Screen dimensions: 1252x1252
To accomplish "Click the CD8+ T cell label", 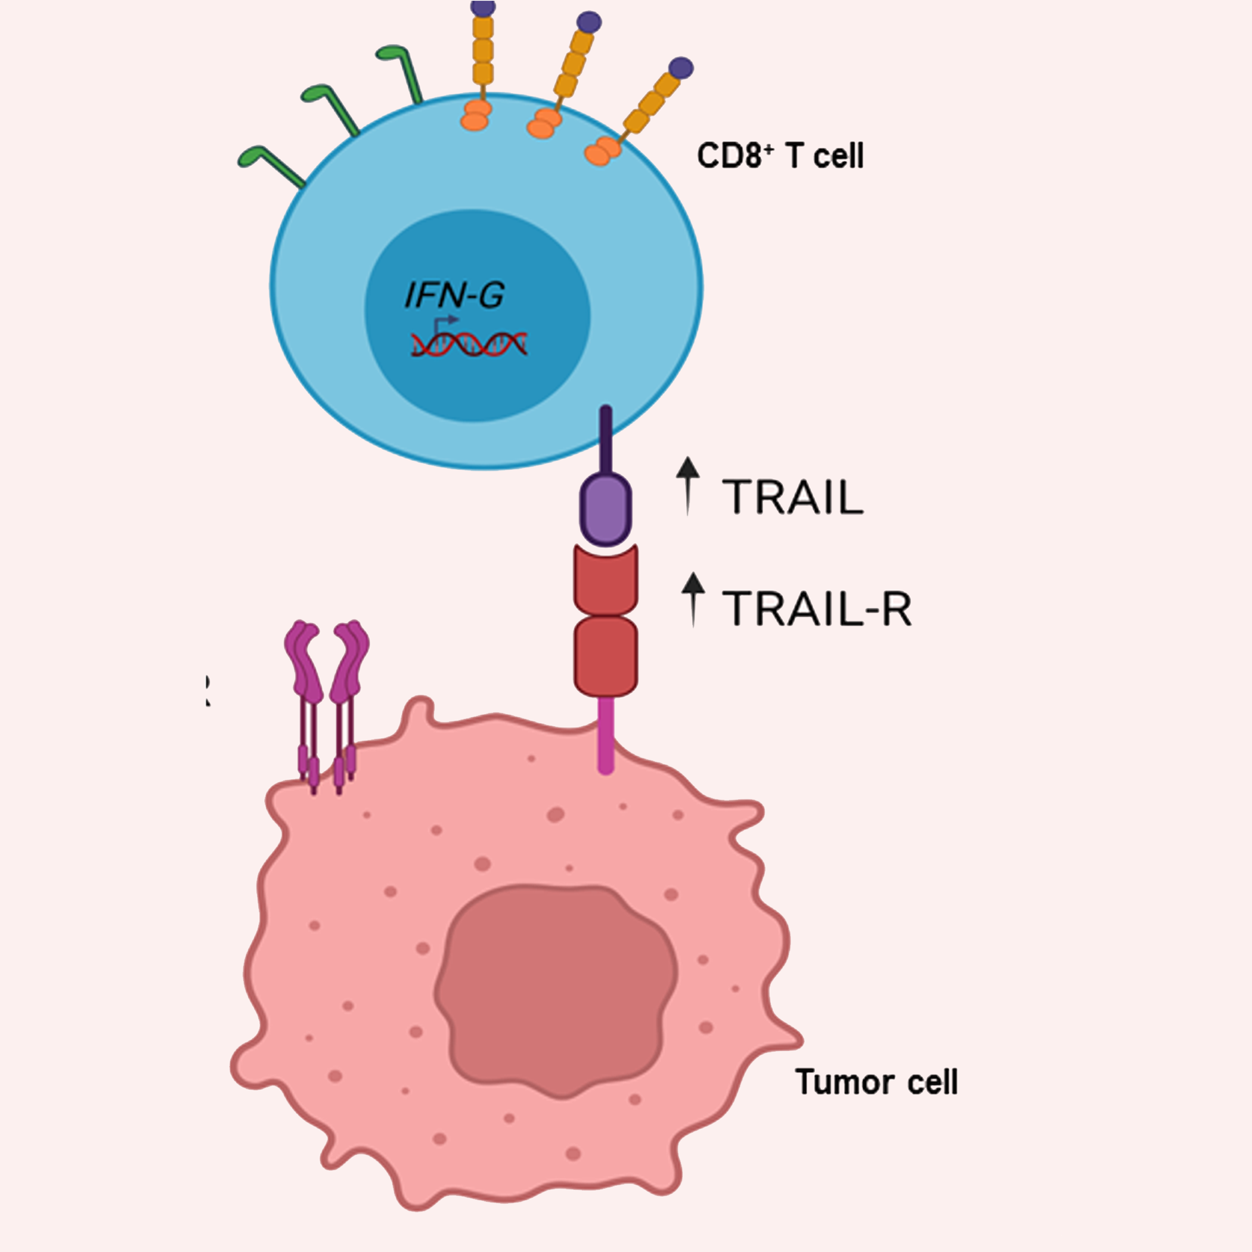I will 780,156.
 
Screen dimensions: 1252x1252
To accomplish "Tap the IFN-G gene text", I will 454,296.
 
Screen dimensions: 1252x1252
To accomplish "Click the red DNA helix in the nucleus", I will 469,344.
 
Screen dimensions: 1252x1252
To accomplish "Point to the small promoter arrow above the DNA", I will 445,321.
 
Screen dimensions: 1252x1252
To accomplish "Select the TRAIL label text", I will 792,497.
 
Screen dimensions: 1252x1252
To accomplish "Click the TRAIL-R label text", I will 817,609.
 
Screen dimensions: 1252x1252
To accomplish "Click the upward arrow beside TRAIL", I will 687,485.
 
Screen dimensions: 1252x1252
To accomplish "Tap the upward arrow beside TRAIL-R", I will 693,599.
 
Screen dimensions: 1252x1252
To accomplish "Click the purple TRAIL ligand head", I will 605,509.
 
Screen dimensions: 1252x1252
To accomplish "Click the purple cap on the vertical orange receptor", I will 483,8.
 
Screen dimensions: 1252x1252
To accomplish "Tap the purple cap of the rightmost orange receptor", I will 681,67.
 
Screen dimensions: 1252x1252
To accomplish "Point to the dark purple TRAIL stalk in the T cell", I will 606,441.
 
